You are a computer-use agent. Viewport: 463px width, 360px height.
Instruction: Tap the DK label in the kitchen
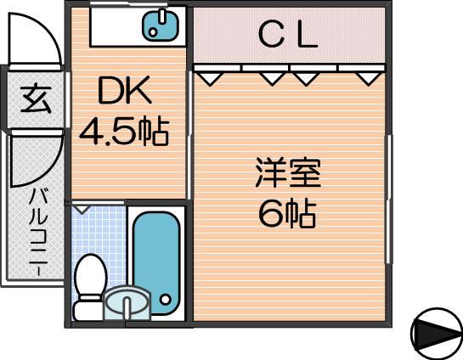(x=125, y=91)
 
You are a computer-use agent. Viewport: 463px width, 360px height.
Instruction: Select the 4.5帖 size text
(x=124, y=132)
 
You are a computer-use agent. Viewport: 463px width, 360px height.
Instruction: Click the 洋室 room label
(x=288, y=173)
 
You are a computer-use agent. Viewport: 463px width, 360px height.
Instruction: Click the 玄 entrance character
(x=36, y=98)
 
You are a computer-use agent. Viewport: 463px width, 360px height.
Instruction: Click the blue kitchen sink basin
(x=161, y=25)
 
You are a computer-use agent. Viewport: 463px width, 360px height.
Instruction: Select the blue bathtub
(x=156, y=262)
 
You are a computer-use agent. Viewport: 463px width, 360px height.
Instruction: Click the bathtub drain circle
(x=165, y=300)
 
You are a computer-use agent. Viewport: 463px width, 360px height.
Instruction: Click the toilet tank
(x=88, y=309)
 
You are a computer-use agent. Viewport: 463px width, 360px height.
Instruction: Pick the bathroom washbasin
(x=127, y=303)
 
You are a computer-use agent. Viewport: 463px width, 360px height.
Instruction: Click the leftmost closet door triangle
(x=210, y=79)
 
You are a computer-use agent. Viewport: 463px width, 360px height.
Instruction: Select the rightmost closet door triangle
(x=369, y=79)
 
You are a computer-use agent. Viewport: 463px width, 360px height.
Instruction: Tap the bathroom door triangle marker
(x=82, y=210)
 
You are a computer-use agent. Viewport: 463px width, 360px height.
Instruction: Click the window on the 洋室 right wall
(x=389, y=199)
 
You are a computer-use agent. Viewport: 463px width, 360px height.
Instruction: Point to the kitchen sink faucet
(x=162, y=16)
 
